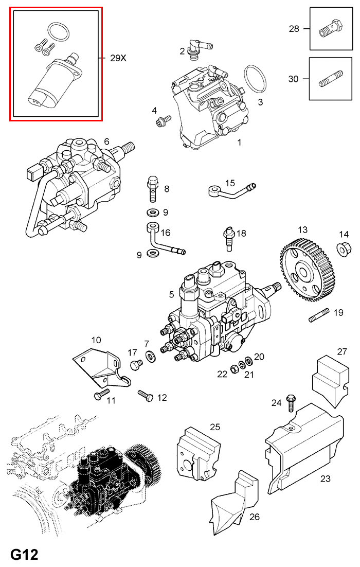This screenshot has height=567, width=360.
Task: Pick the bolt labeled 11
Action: click(x=99, y=395)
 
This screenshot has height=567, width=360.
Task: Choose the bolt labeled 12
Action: click(x=145, y=395)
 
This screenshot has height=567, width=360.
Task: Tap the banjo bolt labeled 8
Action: click(x=153, y=189)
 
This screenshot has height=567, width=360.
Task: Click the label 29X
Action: click(x=118, y=58)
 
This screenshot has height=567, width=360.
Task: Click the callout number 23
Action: click(x=325, y=479)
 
